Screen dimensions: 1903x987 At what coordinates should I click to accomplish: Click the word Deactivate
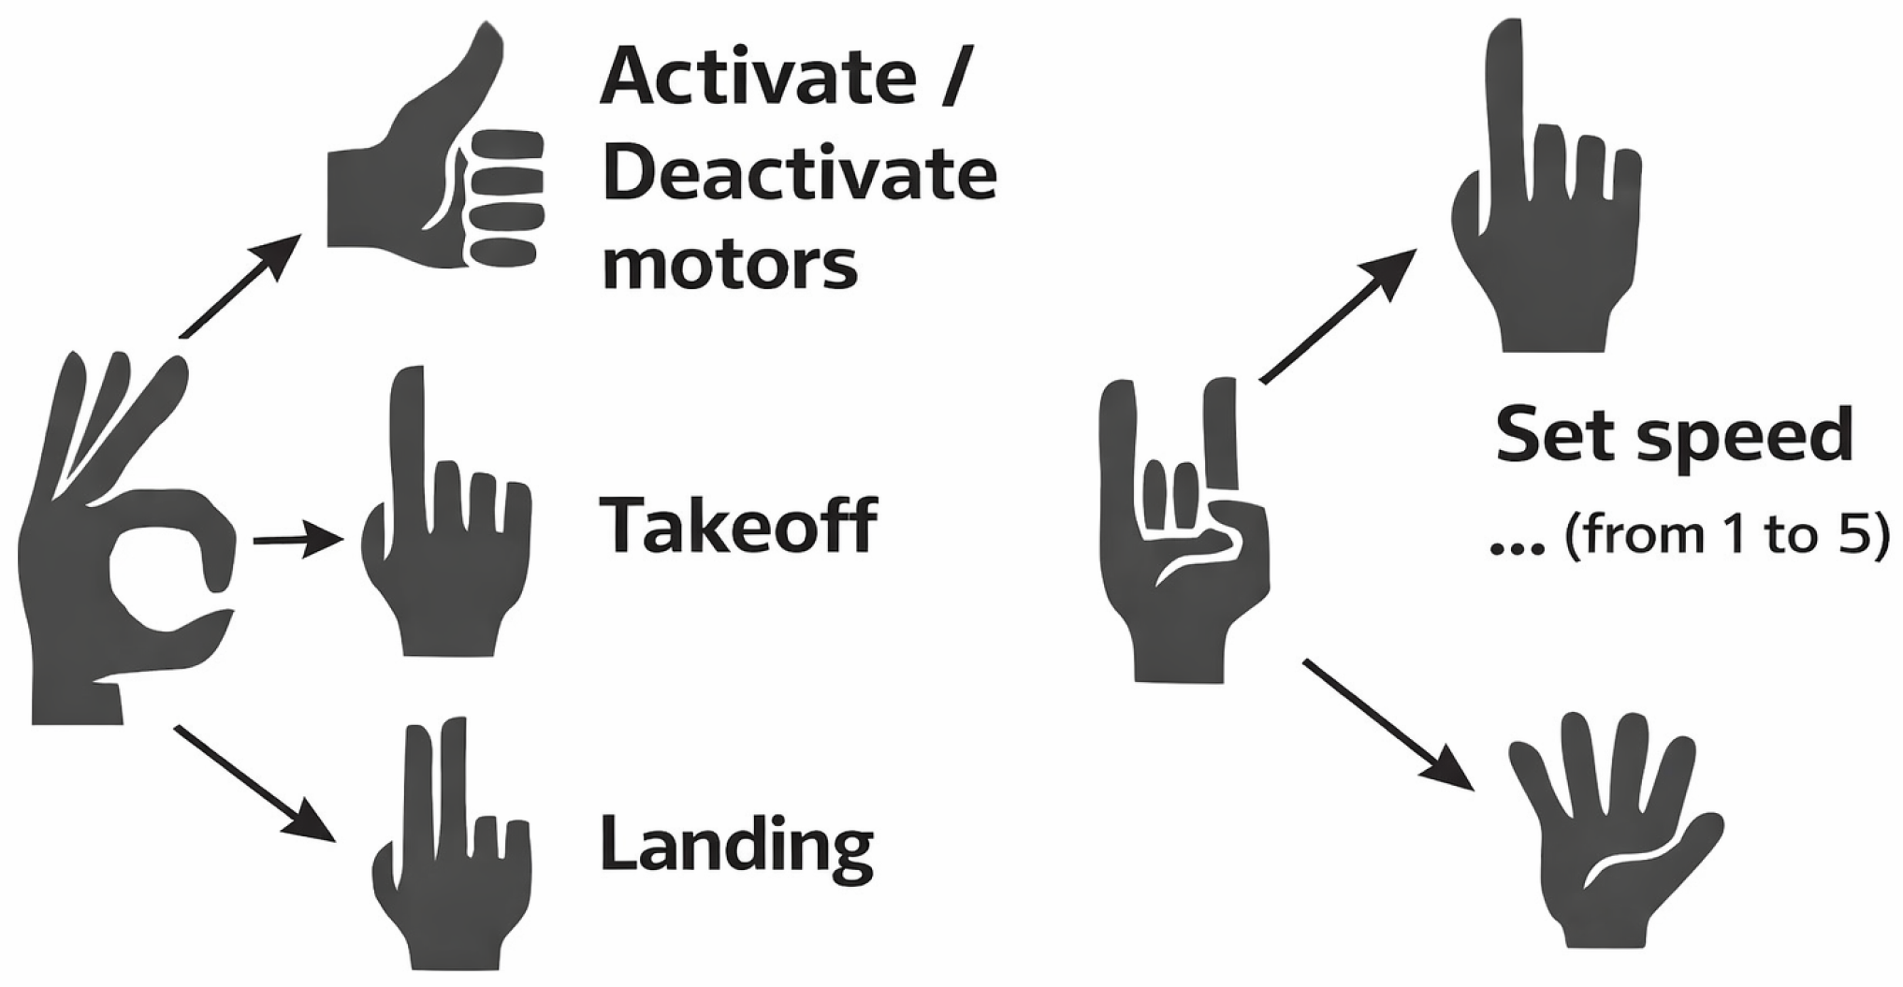click(x=800, y=175)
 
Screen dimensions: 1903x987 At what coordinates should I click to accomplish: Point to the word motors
click(x=730, y=266)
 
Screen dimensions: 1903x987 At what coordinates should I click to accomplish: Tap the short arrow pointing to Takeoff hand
click(x=298, y=540)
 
